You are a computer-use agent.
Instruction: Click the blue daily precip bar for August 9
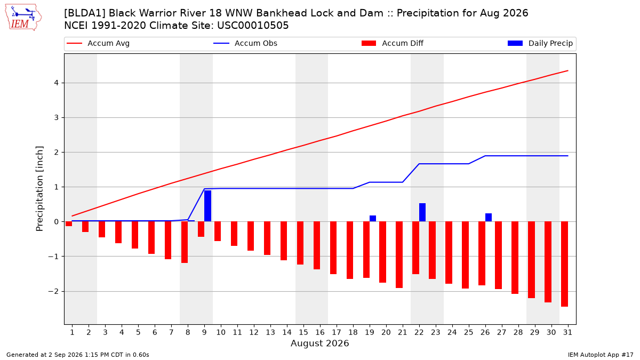coord(207,206)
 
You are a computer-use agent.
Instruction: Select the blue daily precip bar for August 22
coord(422,212)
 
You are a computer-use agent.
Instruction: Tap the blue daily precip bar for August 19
coord(373,219)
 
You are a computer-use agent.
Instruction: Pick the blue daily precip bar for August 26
coord(489,218)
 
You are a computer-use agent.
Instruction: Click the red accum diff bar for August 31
coord(565,264)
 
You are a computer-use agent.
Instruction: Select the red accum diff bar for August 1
coord(69,223)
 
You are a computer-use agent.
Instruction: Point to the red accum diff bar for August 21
coord(399,254)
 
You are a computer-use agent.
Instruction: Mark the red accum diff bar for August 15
coord(300,243)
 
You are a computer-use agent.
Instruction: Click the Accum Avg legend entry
coord(98,43)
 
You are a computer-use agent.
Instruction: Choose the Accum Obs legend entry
coord(245,43)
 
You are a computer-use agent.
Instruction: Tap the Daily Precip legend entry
coord(540,43)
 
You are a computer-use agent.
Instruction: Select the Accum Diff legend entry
coord(393,43)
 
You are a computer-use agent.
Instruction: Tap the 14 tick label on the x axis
coord(287,333)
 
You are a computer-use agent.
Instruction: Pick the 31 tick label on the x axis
coord(567,333)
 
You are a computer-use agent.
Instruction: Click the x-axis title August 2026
coord(320,343)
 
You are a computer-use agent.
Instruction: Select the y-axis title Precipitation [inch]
coord(39,189)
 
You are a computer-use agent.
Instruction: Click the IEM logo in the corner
coord(23,18)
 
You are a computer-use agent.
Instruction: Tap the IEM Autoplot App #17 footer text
coord(601,355)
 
